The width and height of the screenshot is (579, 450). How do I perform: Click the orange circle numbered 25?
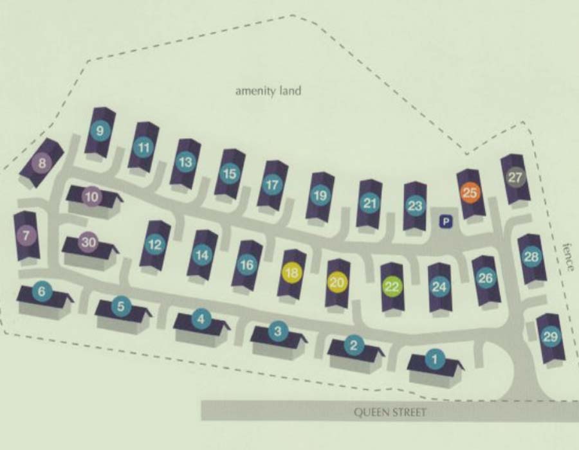click(470, 192)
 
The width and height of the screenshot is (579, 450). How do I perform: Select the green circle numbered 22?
click(392, 287)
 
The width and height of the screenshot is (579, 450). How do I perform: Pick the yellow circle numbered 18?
click(291, 273)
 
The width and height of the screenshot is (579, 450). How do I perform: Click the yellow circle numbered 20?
click(337, 282)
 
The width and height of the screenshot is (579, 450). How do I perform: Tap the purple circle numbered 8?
click(42, 163)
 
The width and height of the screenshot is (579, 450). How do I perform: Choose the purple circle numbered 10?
click(92, 197)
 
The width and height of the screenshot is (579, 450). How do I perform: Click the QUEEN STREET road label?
click(390, 412)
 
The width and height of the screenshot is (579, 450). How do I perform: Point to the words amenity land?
click(268, 91)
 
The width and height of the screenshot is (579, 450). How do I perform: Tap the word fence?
click(567, 257)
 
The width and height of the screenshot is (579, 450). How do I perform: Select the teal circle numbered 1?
click(434, 359)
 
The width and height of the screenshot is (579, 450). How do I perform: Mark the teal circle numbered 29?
click(550, 337)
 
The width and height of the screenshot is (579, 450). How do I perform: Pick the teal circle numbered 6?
click(42, 292)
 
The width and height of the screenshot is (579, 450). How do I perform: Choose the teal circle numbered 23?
click(415, 206)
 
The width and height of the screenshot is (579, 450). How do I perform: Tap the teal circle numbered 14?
click(202, 255)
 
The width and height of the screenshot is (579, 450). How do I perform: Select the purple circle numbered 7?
click(26, 235)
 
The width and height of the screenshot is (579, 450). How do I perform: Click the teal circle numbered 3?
click(277, 332)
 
